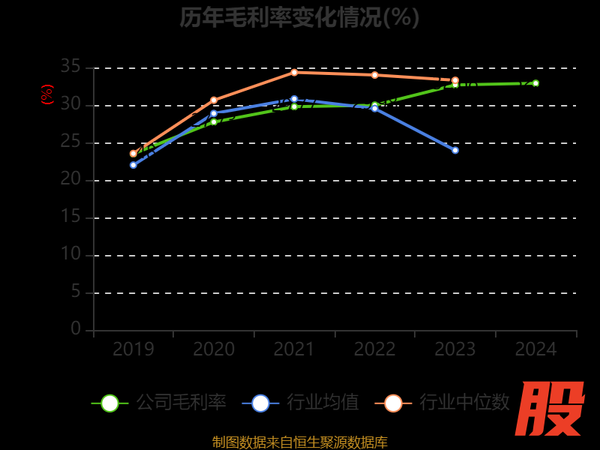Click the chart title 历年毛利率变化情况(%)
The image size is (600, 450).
point(299,16)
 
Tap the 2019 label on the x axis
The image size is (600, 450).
point(133,349)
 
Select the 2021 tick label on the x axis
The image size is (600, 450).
point(294,349)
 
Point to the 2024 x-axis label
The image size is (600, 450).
point(535,349)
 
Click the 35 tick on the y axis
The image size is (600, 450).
point(70,67)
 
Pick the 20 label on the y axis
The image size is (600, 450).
point(70,179)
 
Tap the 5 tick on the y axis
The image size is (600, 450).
point(76,292)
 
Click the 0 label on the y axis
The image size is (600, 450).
point(76,328)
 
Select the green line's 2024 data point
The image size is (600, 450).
point(535,83)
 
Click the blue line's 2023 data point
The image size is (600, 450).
point(455,150)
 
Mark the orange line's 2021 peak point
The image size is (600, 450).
point(294,72)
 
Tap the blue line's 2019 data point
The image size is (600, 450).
point(133,165)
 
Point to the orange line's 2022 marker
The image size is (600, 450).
point(375,75)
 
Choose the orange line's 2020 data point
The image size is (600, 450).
point(214,100)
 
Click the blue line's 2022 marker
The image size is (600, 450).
point(375,108)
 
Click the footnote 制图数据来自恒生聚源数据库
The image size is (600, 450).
point(299,442)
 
